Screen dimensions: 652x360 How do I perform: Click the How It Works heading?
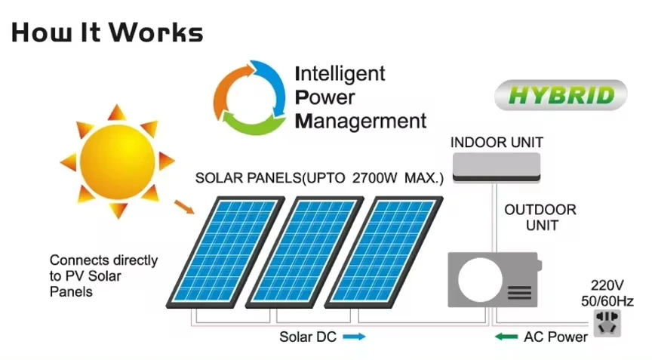[x=107, y=32]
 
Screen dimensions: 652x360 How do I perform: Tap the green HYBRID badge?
[x=561, y=95]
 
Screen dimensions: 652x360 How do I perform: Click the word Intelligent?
[x=340, y=73]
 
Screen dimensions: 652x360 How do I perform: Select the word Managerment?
[x=361, y=121]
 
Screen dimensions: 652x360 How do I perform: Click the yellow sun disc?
[x=118, y=162]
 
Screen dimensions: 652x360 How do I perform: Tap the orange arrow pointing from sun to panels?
[x=184, y=207]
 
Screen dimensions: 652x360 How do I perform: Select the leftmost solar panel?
[x=226, y=252]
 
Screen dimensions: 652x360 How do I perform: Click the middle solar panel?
[x=304, y=252]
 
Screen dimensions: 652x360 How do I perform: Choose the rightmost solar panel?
[x=383, y=252]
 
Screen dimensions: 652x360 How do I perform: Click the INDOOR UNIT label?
[x=497, y=143]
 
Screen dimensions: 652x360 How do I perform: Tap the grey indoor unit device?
[x=497, y=168]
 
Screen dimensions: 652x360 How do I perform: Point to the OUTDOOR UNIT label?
[x=540, y=217]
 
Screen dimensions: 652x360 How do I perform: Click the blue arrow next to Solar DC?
[x=354, y=337]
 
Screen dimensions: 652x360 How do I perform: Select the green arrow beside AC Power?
[x=506, y=337]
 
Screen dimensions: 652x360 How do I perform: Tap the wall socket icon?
[x=607, y=323]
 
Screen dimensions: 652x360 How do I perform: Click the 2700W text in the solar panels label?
[x=374, y=178]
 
